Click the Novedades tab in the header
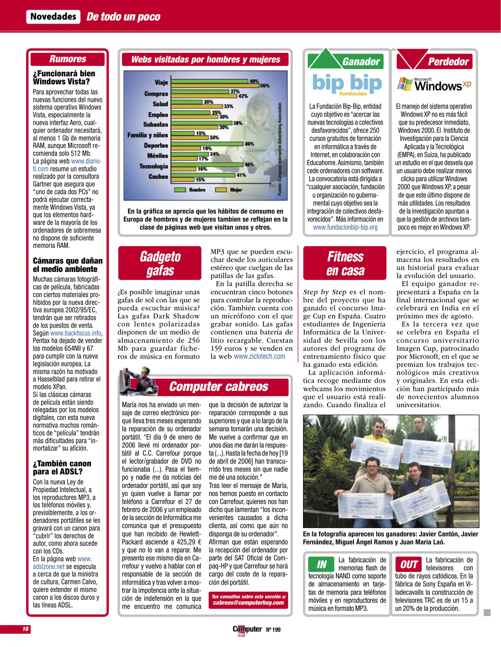[x=53, y=16]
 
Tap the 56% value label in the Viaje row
[x=265, y=86]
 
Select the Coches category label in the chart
[x=158, y=176]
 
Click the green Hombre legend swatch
[x=180, y=190]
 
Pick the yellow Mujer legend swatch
[x=221, y=190]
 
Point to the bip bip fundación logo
[x=347, y=84]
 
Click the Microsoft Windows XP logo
[x=434, y=84]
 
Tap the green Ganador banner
[x=361, y=62]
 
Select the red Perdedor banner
[x=448, y=62]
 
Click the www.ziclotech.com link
[x=259, y=356]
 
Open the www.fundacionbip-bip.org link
[x=345, y=227]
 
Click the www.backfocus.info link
[x=76, y=333]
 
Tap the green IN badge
[x=322, y=565]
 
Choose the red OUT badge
[x=409, y=565]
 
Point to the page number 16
[x=26, y=629]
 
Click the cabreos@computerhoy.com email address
[x=248, y=603]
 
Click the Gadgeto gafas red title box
[x=160, y=263]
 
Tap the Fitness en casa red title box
[x=345, y=263]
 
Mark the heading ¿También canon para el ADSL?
[x=62, y=468]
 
